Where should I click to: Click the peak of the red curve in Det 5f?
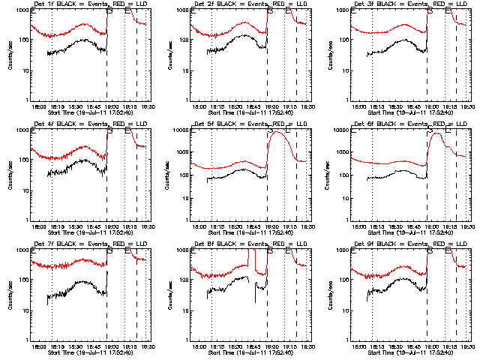(x=277, y=132)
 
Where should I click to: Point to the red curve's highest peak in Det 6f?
(x=436, y=133)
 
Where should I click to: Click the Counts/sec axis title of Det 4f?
(x=10, y=175)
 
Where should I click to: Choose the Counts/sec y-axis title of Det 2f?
(x=169, y=55)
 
